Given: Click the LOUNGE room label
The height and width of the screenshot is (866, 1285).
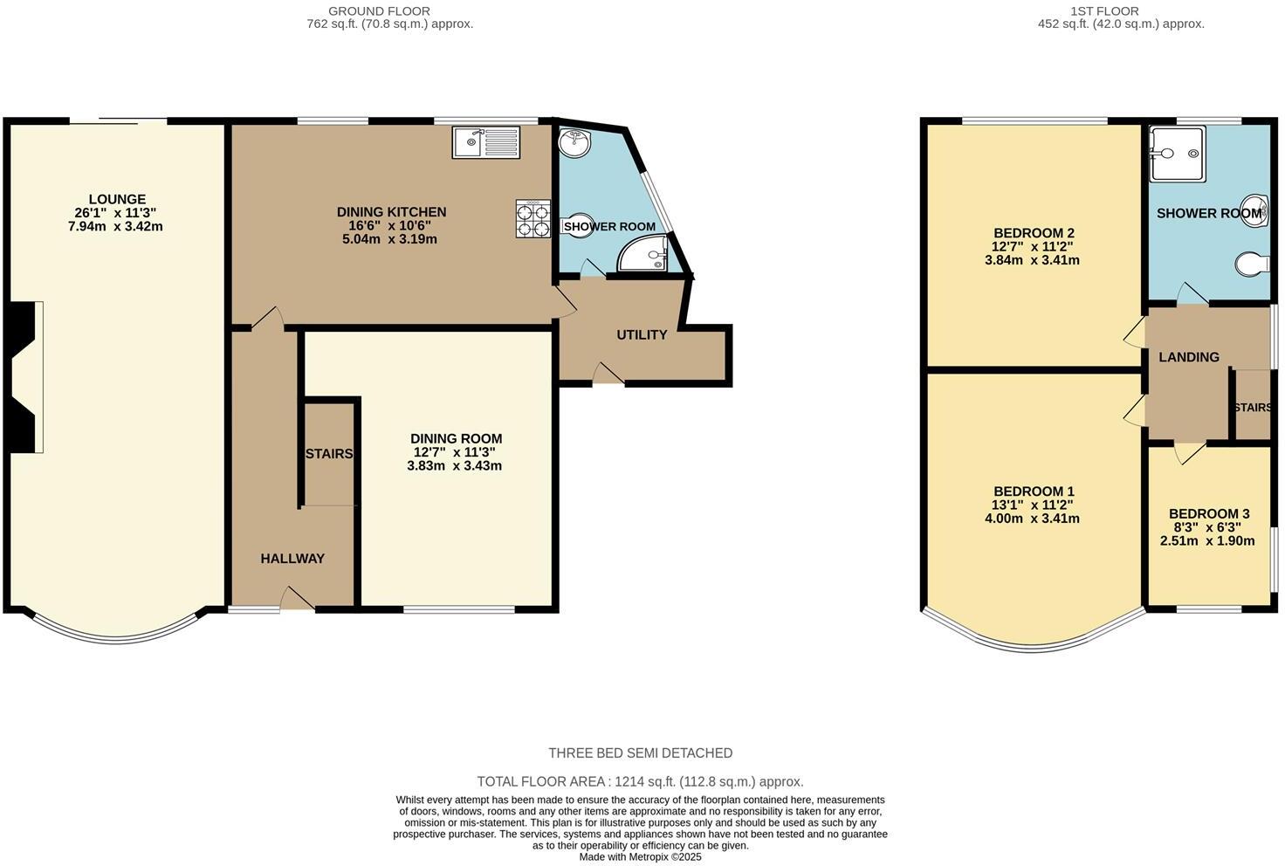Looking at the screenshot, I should click(117, 200).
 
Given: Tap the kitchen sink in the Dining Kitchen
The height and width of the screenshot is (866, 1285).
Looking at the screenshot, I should click(486, 142).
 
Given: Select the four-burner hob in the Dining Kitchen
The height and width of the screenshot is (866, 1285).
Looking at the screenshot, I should click(533, 219).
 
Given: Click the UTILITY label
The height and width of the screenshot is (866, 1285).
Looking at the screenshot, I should click(642, 335).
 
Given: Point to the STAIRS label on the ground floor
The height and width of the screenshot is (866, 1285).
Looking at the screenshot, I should click(329, 454).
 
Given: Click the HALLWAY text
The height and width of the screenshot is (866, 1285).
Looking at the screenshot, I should click(292, 559).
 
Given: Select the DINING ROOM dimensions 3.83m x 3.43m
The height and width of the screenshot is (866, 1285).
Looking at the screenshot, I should click(454, 466).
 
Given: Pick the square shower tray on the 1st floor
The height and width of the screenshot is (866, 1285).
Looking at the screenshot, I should click(1178, 154).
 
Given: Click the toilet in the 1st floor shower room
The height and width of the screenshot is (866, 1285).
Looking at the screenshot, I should click(1254, 263).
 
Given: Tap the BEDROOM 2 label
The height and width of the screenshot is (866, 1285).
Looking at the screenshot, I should click(1034, 233).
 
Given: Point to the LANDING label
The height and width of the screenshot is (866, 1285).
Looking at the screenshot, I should click(1188, 357).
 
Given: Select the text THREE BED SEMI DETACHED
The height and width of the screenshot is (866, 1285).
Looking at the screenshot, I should click(640, 753).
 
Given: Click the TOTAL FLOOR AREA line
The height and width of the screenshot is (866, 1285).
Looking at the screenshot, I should click(640, 782).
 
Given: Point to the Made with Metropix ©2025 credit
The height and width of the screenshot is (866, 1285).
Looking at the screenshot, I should click(640, 857).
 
